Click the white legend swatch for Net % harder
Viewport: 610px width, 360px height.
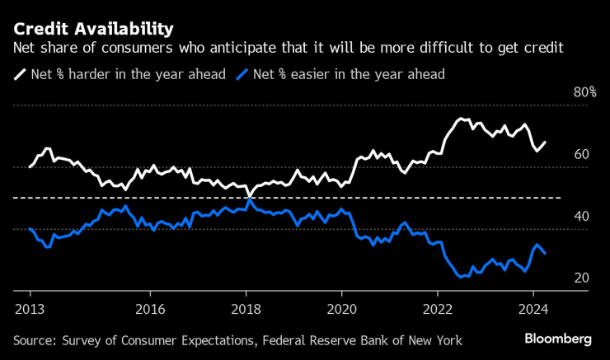point(20,74)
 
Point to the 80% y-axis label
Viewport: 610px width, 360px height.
point(584,93)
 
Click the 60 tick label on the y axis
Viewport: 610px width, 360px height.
point(581,154)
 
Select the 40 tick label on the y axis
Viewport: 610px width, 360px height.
point(581,216)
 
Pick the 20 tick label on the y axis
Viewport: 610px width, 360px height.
point(581,278)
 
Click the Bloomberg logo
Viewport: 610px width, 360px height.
point(559,339)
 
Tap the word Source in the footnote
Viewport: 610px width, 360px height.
point(35,340)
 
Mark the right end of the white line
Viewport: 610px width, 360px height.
point(545,142)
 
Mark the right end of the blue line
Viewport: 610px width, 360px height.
point(545,253)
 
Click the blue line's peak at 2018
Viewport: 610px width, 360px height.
point(249,200)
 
